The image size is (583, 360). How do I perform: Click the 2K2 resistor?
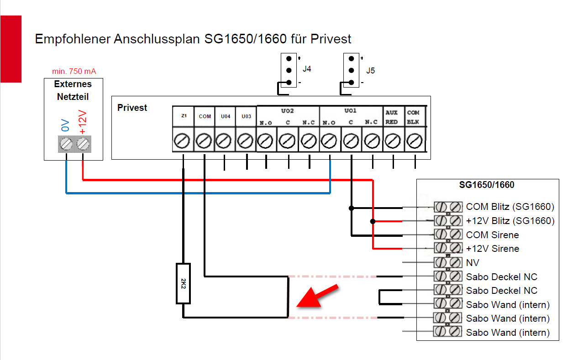(x=183, y=283)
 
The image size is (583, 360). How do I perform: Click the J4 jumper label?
(x=307, y=69)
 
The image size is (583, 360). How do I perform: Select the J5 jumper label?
(x=370, y=71)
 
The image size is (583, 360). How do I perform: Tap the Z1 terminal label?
(x=184, y=116)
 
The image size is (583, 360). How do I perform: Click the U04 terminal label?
(x=226, y=116)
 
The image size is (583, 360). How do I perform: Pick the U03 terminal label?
(x=247, y=116)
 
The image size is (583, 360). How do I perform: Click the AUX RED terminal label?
(x=392, y=117)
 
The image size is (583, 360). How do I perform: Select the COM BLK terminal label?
(x=413, y=117)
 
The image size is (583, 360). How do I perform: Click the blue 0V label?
(x=65, y=125)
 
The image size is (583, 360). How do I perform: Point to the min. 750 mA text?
(x=74, y=71)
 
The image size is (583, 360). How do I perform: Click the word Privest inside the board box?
(x=132, y=108)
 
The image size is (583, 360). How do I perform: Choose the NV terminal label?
(x=473, y=263)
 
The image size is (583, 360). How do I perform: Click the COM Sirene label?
(x=492, y=235)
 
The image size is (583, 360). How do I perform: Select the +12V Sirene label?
(x=492, y=249)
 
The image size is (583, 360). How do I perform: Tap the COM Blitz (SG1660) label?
(x=509, y=207)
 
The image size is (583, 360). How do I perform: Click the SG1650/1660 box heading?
(x=487, y=185)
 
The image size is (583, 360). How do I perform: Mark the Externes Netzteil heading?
(x=73, y=90)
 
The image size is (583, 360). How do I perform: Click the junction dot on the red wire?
(x=373, y=221)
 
